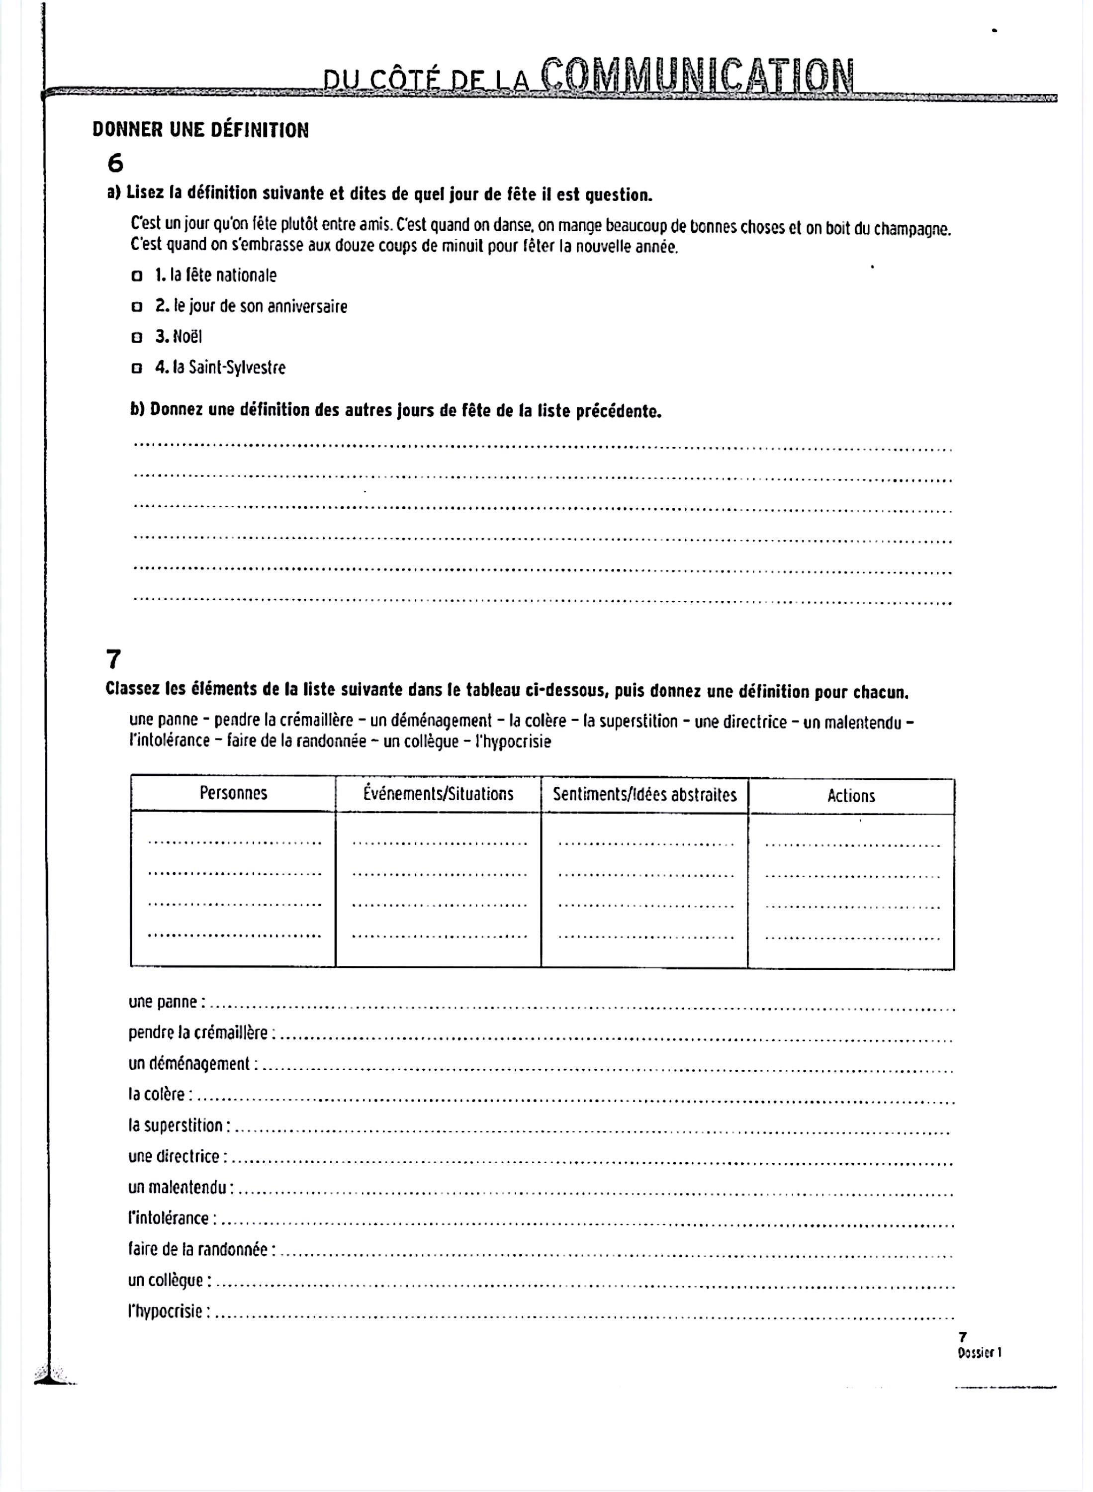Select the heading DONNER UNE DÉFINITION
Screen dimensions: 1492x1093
pos(200,130)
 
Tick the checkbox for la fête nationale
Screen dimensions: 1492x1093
pos(137,276)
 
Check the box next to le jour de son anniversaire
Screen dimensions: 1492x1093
pos(137,307)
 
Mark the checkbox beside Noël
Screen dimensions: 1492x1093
pos(137,337)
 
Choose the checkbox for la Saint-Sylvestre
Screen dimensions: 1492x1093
pos(137,369)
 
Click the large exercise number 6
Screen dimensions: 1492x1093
pos(115,163)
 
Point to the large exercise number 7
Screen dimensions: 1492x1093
pos(114,659)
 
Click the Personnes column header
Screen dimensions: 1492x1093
pos(234,793)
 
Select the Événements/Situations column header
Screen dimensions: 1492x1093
pos(438,794)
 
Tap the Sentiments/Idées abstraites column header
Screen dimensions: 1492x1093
pos(644,795)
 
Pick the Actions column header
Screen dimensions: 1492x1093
pos(851,796)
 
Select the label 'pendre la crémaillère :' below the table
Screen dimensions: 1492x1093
pos(202,1033)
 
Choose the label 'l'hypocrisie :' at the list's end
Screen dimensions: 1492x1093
pos(170,1311)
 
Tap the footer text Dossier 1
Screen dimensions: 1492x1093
pos(979,1353)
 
